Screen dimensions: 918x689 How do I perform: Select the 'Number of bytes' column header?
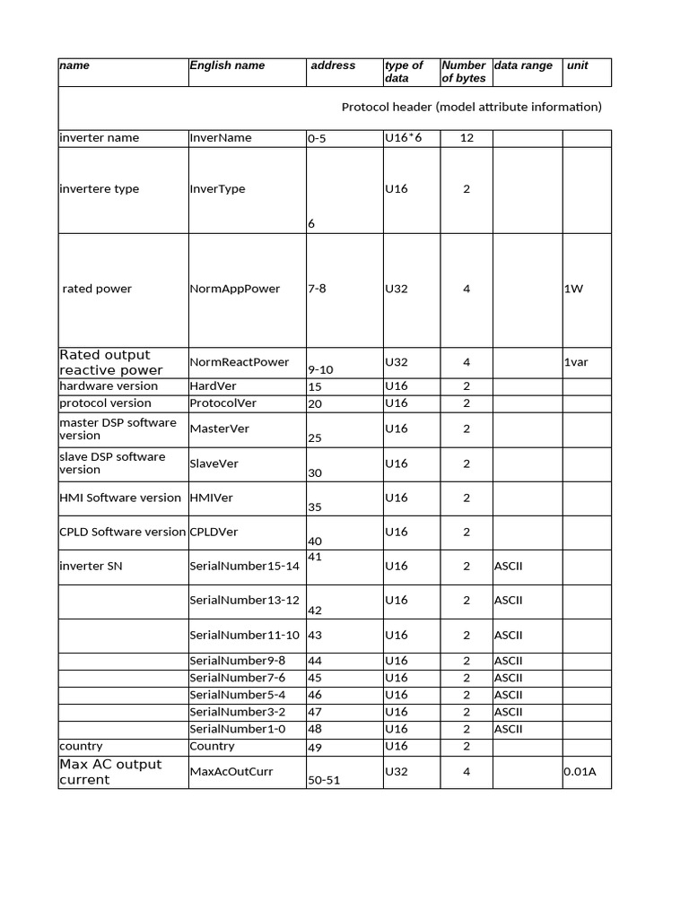point(463,72)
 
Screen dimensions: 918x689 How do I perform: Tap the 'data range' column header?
point(523,65)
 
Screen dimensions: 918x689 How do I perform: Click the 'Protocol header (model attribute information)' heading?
point(471,107)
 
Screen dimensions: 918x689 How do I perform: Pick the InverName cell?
point(221,138)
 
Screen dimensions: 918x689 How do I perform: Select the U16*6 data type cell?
point(403,138)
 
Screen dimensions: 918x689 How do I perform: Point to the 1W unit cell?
point(573,289)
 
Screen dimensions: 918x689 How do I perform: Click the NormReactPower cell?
point(240,362)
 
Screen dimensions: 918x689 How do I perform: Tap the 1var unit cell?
point(577,362)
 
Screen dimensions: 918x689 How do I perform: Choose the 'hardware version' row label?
point(109,386)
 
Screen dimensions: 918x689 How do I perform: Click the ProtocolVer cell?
point(223,403)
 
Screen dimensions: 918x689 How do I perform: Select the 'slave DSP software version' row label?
point(112,463)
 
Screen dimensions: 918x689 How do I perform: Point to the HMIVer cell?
point(212,498)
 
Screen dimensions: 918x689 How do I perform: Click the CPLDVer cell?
point(214,532)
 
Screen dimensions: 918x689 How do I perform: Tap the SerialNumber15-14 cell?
point(245,566)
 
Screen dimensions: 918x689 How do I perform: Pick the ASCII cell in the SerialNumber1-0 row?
point(508,729)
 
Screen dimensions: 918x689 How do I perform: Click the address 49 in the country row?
point(315,748)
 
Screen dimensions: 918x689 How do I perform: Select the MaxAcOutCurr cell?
point(231,772)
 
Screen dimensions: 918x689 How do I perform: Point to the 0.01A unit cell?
point(580,772)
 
